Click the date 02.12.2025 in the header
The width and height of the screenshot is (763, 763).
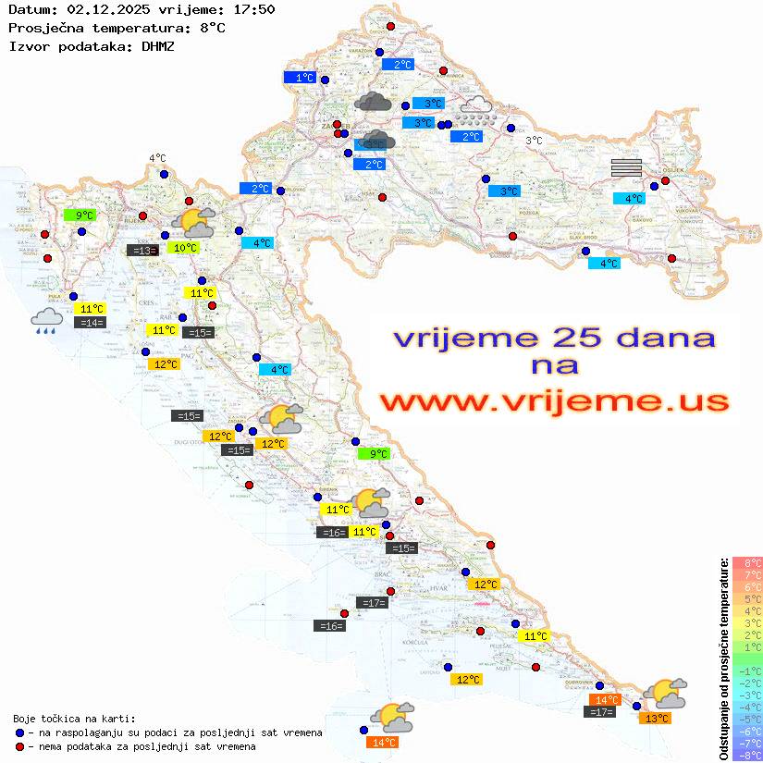(x=101, y=9)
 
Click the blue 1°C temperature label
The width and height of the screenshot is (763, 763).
(x=302, y=79)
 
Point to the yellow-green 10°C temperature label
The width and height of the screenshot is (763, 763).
(x=184, y=248)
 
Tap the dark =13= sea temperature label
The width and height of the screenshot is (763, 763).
(x=142, y=250)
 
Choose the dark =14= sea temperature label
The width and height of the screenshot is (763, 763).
(x=91, y=323)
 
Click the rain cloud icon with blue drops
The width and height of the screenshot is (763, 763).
(x=47, y=320)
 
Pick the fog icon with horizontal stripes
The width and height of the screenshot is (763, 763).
(x=626, y=167)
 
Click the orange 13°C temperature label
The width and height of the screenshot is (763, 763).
(x=657, y=718)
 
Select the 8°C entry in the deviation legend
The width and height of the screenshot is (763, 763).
(x=747, y=563)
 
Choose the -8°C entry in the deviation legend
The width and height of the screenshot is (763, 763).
(x=747, y=755)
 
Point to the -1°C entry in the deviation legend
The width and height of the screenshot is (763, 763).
(x=747, y=671)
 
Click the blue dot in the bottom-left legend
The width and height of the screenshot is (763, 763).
(x=19, y=732)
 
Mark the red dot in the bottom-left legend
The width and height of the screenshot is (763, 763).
(x=19, y=746)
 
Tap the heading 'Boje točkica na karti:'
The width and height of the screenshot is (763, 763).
(x=74, y=719)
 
